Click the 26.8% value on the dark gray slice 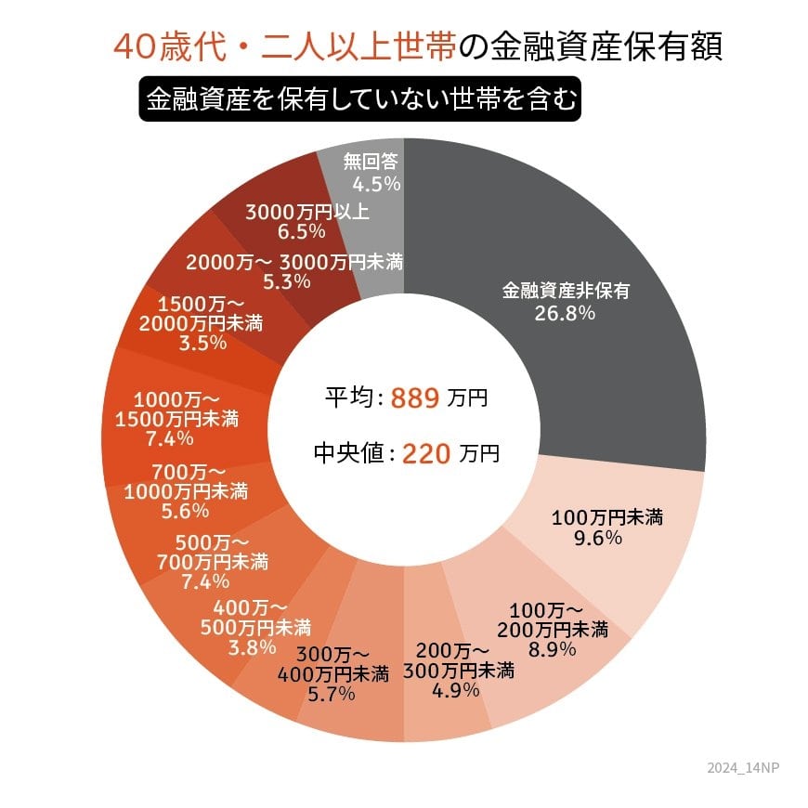565,313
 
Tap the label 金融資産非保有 566,290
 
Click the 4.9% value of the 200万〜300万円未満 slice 456,689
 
